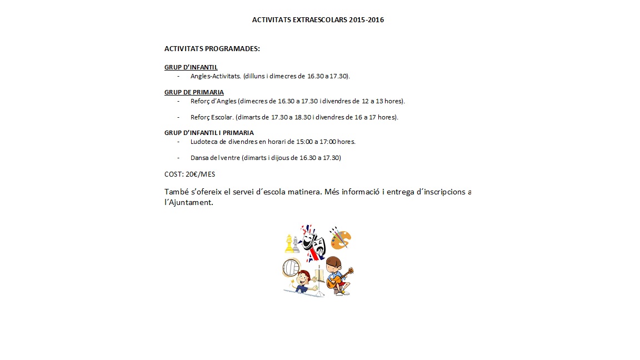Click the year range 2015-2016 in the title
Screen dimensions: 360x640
[367, 20]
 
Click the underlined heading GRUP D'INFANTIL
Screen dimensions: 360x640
[191, 67]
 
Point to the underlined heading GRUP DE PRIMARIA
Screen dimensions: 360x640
[194, 92]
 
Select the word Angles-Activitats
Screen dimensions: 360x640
[216, 76]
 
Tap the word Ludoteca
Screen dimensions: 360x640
[204, 142]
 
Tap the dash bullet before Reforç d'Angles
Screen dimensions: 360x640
[178, 101]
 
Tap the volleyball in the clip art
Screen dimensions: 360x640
[291, 268]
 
